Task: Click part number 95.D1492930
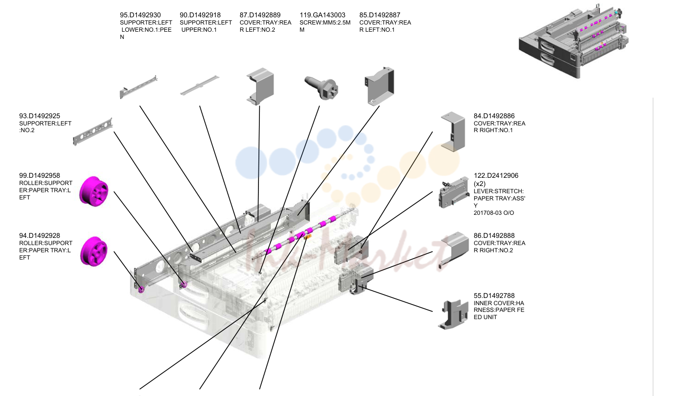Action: click(x=140, y=15)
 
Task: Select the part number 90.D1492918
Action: click(x=200, y=15)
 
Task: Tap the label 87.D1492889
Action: click(x=260, y=15)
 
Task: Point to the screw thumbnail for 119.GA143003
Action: click(x=321, y=88)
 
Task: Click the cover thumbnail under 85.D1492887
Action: click(x=379, y=86)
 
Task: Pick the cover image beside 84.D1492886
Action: click(x=453, y=132)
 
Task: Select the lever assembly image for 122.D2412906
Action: click(x=454, y=192)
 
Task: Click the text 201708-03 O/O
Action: click(x=494, y=213)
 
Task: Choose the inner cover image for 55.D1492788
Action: click(x=453, y=314)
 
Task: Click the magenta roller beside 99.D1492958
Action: click(x=94, y=191)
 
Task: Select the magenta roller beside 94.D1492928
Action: click(x=94, y=251)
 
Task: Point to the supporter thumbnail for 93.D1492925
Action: click(x=93, y=132)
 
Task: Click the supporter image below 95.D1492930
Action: click(x=138, y=87)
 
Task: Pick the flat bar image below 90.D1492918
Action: click(x=200, y=85)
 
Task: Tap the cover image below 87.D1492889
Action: click(x=260, y=86)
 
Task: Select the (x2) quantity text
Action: click(x=479, y=184)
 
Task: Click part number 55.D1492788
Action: click(x=494, y=296)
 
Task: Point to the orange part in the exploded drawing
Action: click(x=308, y=237)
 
